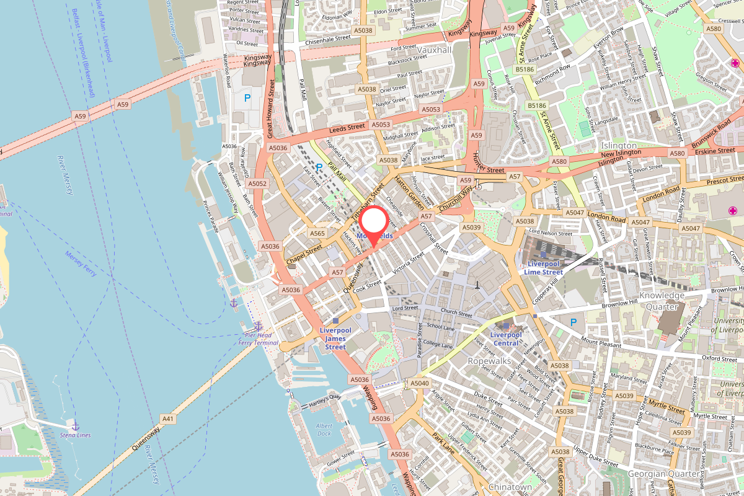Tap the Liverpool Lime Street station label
(x=543, y=268)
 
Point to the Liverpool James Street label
(x=335, y=339)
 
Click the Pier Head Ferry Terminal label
(x=258, y=339)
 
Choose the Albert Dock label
(x=324, y=430)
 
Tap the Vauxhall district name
(x=434, y=50)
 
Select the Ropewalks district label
(x=488, y=361)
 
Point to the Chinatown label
(x=510, y=487)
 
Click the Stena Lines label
(x=76, y=435)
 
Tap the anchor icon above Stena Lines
(x=76, y=425)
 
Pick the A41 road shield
(x=168, y=419)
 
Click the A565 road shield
(x=317, y=233)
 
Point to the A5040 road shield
(x=420, y=383)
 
